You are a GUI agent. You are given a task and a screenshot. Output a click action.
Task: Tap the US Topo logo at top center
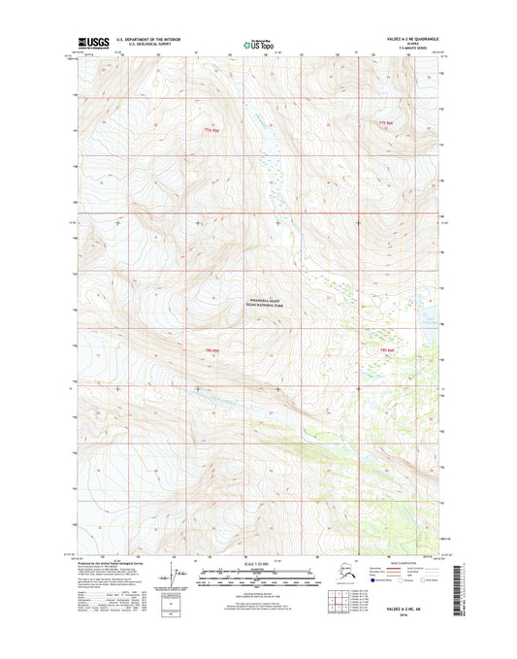pyautogui.click(x=257, y=43)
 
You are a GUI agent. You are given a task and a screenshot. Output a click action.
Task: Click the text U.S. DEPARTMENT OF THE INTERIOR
pyautogui.click(x=154, y=40)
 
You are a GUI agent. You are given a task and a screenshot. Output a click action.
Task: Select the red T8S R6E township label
pyautogui.click(x=388, y=347)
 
